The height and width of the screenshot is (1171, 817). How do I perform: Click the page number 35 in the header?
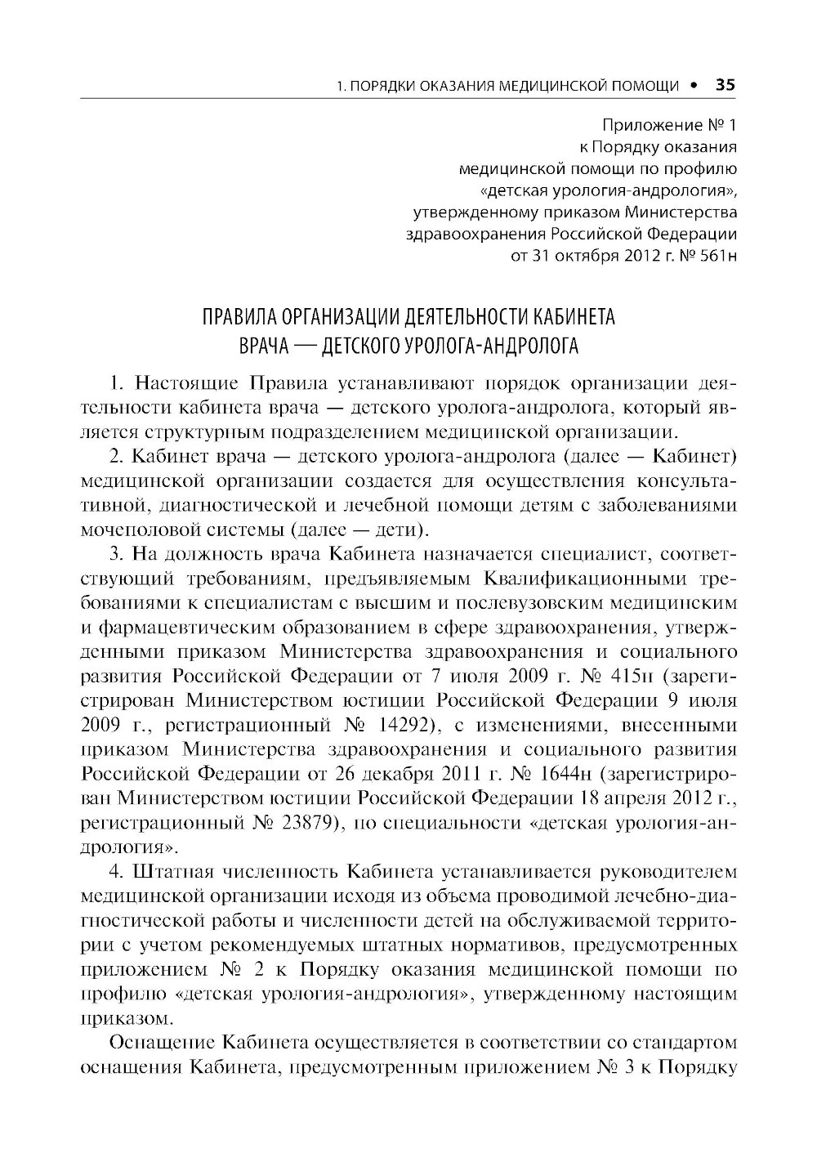pos(725,84)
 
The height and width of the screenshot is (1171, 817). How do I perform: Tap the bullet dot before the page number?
pos(694,84)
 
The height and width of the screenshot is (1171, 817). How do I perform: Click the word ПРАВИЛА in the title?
pos(239,317)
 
